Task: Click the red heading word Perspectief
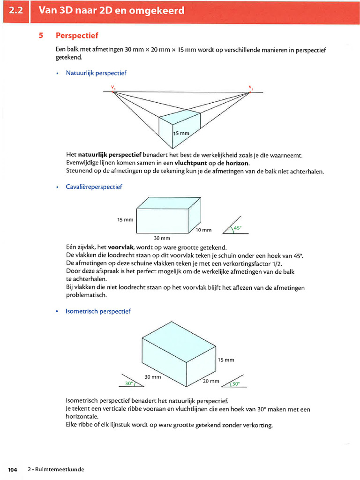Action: tap(77, 36)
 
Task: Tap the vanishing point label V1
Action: tap(113, 87)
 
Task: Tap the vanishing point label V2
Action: tap(250, 87)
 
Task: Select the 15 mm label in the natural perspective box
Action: tap(181, 133)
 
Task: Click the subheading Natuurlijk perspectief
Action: tap(96, 73)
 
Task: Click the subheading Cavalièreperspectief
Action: tap(94, 187)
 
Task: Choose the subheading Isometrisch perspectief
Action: tap(98, 311)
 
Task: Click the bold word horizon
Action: tap(237, 163)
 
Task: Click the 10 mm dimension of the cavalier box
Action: tap(204, 230)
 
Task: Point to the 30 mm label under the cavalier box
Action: tap(162, 238)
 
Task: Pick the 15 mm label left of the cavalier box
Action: tap(125, 219)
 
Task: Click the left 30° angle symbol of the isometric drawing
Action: tap(129, 383)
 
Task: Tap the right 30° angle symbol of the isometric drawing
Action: tap(235, 384)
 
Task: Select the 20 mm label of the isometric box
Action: tap(211, 381)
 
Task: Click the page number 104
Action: tap(13, 469)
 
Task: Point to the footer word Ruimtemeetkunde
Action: tap(58, 469)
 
